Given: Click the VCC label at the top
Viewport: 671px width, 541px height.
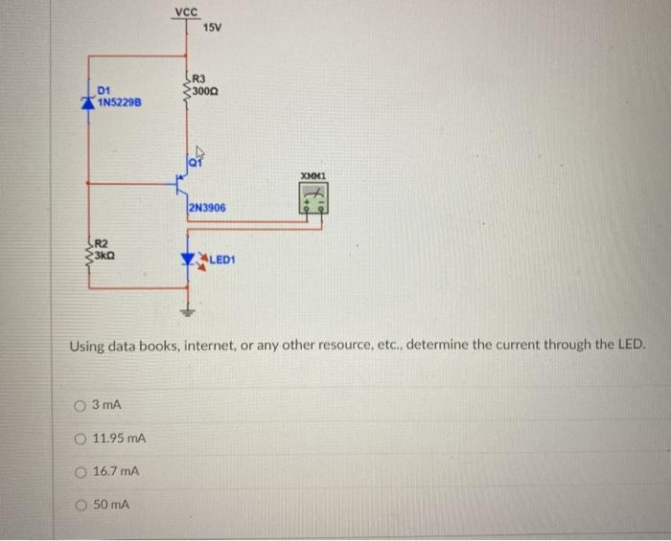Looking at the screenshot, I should (187, 11).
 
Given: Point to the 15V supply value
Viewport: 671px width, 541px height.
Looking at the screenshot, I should (212, 28).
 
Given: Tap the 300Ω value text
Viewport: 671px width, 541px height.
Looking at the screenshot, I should (206, 90).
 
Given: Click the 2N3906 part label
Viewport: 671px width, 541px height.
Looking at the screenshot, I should (207, 207).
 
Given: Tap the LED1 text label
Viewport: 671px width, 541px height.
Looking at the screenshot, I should (223, 259).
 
